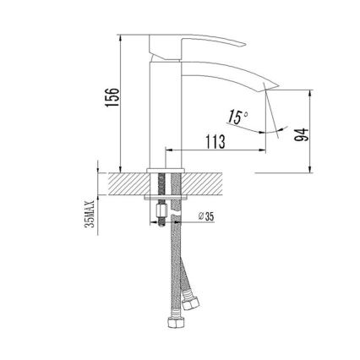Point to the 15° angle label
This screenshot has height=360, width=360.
pyautogui.click(x=240, y=118)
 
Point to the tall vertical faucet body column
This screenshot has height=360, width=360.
pyautogui.click(x=162, y=110)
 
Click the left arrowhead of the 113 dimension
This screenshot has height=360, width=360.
pyautogui.click(x=166, y=153)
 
